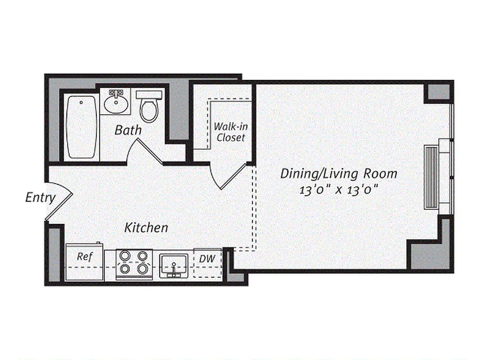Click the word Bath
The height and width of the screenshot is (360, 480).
(x=128, y=130)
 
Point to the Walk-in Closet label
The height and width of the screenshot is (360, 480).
(x=230, y=132)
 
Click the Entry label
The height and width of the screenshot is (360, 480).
(x=40, y=198)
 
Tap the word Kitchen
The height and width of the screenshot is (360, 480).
(x=146, y=228)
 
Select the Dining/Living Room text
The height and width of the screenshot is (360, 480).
(x=339, y=174)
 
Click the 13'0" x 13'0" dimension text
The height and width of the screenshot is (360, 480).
(x=338, y=189)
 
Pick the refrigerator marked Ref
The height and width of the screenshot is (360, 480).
(x=85, y=262)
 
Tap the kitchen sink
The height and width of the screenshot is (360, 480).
(x=173, y=265)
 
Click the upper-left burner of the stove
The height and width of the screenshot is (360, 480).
(x=124, y=256)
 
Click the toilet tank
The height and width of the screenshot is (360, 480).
(x=149, y=95)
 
